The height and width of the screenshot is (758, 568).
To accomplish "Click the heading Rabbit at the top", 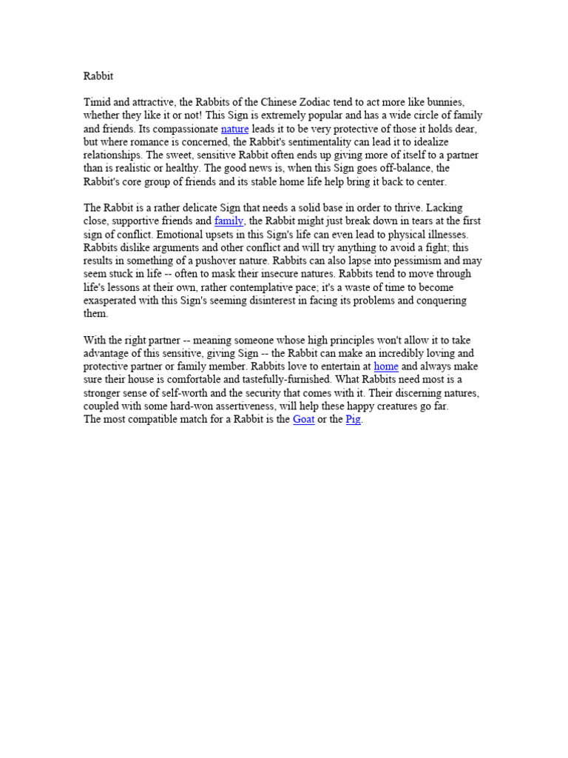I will (x=98, y=76).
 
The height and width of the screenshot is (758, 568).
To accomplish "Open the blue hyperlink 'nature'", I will (x=234, y=129).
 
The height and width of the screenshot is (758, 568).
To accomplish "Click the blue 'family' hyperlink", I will (x=229, y=221).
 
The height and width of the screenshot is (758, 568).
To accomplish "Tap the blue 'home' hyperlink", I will (x=386, y=366).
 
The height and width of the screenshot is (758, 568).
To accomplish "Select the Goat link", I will (x=303, y=420).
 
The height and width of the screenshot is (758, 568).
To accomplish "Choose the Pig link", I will (x=354, y=420).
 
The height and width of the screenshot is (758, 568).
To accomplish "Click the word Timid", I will (x=98, y=102).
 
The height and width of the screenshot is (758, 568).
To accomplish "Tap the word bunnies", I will (x=443, y=102).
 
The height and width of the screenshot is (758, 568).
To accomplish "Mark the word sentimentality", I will (x=328, y=142).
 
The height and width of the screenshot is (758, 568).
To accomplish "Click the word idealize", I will (x=427, y=142).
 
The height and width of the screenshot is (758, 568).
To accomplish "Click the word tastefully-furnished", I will (x=290, y=380).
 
